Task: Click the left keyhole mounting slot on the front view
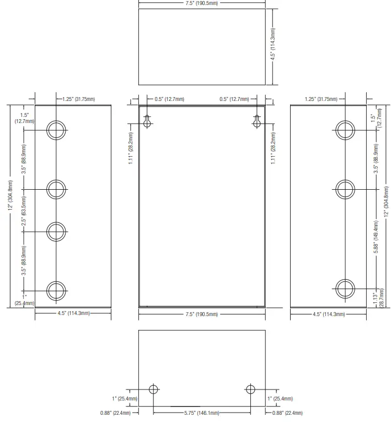[147, 121]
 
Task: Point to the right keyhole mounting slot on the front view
[257, 121]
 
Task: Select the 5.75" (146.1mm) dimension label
[201, 413]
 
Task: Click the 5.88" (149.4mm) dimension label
[376, 237]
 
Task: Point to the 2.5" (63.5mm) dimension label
[24, 211]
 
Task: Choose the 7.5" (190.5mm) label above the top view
[201, 3]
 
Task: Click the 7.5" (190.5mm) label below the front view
[201, 314]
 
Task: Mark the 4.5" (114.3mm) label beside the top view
[273, 44]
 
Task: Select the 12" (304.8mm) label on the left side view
[10, 195]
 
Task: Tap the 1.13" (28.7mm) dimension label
[378, 298]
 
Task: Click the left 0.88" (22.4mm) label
[115, 413]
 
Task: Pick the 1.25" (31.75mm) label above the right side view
[321, 99]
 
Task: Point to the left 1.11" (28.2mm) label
[131, 148]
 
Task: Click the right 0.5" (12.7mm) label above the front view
[234, 99]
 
